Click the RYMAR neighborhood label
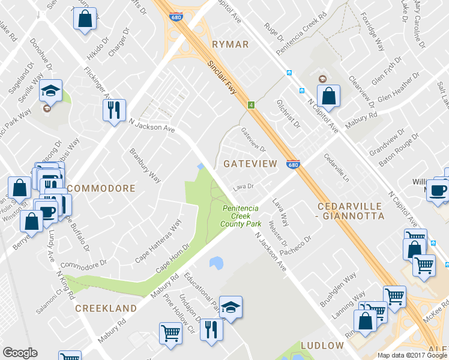[230, 44]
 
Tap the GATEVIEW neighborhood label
[250, 164]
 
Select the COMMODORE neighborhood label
[101, 188]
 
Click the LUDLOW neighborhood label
[322, 346]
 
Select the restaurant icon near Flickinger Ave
[113, 110]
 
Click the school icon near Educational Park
[231, 308]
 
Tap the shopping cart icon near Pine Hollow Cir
[170, 333]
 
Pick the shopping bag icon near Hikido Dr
[85, 18]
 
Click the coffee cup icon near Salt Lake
[438, 191]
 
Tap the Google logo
[20, 353]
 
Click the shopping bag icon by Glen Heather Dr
[329, 95]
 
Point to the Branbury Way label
[146, 165]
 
